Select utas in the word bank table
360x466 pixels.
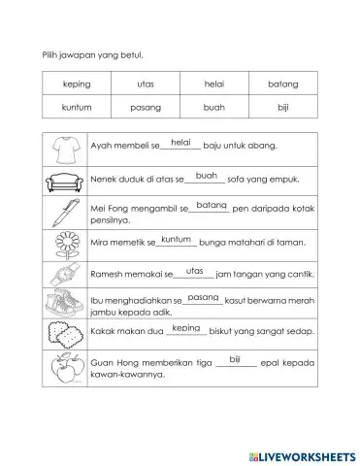pyautogui.click(x=146, y=84)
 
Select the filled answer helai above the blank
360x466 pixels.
pyautogui.click(x=180, y=142)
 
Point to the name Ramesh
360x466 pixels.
pyautogui.click(x=107, y=275)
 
